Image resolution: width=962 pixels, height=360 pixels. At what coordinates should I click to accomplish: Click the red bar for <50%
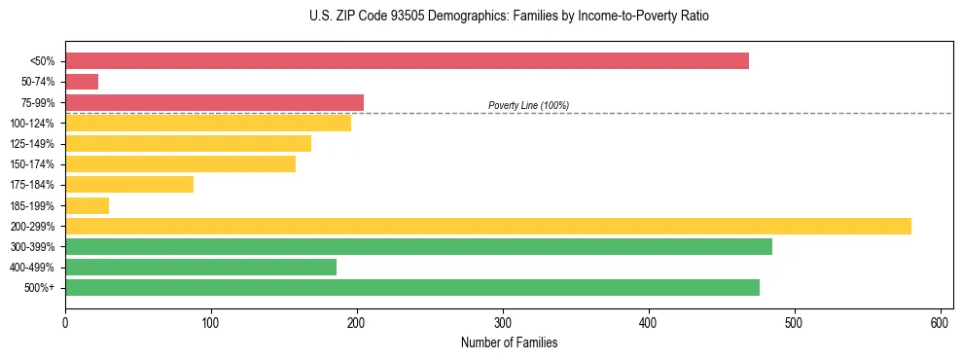click(407, 61)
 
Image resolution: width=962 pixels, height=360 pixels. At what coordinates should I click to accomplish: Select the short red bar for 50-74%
click(82, 82)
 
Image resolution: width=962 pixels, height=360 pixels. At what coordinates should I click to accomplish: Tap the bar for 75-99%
click(214, 102)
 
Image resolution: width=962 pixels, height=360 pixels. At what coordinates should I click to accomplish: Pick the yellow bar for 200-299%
click(488, 226)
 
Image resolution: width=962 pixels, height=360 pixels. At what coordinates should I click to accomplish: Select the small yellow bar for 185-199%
click(87, 205)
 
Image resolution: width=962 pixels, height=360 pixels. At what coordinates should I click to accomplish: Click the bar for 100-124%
click(208, 123)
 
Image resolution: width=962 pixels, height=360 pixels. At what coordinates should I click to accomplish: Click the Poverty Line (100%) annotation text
click(528, 105)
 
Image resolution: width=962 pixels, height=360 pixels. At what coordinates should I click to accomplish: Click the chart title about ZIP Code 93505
click(509, 17)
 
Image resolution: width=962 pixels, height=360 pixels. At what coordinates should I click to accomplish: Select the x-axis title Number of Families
click(509, 342)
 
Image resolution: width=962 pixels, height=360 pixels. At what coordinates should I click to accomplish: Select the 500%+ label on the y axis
click(39, 288)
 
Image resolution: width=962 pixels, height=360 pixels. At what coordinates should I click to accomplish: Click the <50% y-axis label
click(42, 61)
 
